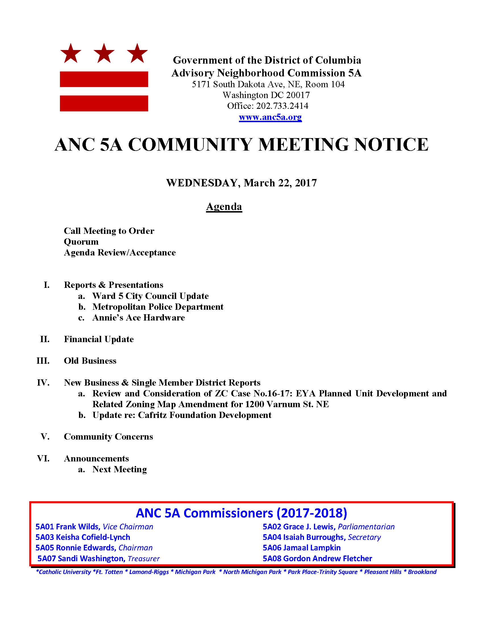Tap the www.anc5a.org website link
(x=270, y=117)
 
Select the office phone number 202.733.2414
(x=282, y=106)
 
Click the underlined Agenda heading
(x=224, y=207)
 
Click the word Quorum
(x=81, y=242)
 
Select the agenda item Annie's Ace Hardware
(x=138, y=318)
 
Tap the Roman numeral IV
(x=43, y=382)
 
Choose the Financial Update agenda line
(x=99, y=339)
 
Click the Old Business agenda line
(x=90, y=361)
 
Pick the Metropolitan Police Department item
(x=158, y=307)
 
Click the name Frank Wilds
(x=78, y=527)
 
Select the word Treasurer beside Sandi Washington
(x=143, y=558)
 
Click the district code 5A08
(x=272, y=558)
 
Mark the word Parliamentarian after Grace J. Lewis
(x=366, y=527)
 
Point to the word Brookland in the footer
(x=422, y=572)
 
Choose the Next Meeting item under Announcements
(x=119, y=469)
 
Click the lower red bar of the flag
(x=104, y=103)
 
